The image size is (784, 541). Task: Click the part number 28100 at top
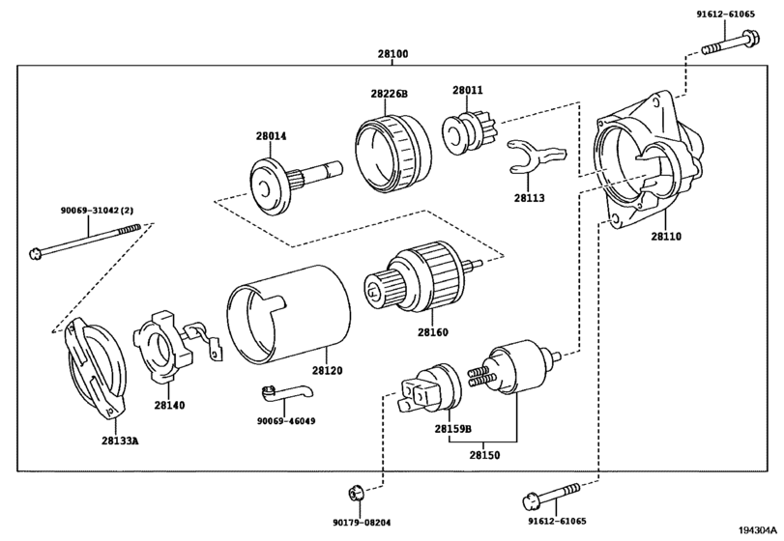[392, 53]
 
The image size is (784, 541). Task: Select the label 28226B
[389, 94]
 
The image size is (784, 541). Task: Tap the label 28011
[468, 91]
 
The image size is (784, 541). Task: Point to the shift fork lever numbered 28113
[535, 156]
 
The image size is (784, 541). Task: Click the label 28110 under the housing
[666, 237]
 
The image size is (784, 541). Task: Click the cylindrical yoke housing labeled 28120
[288, 313]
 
